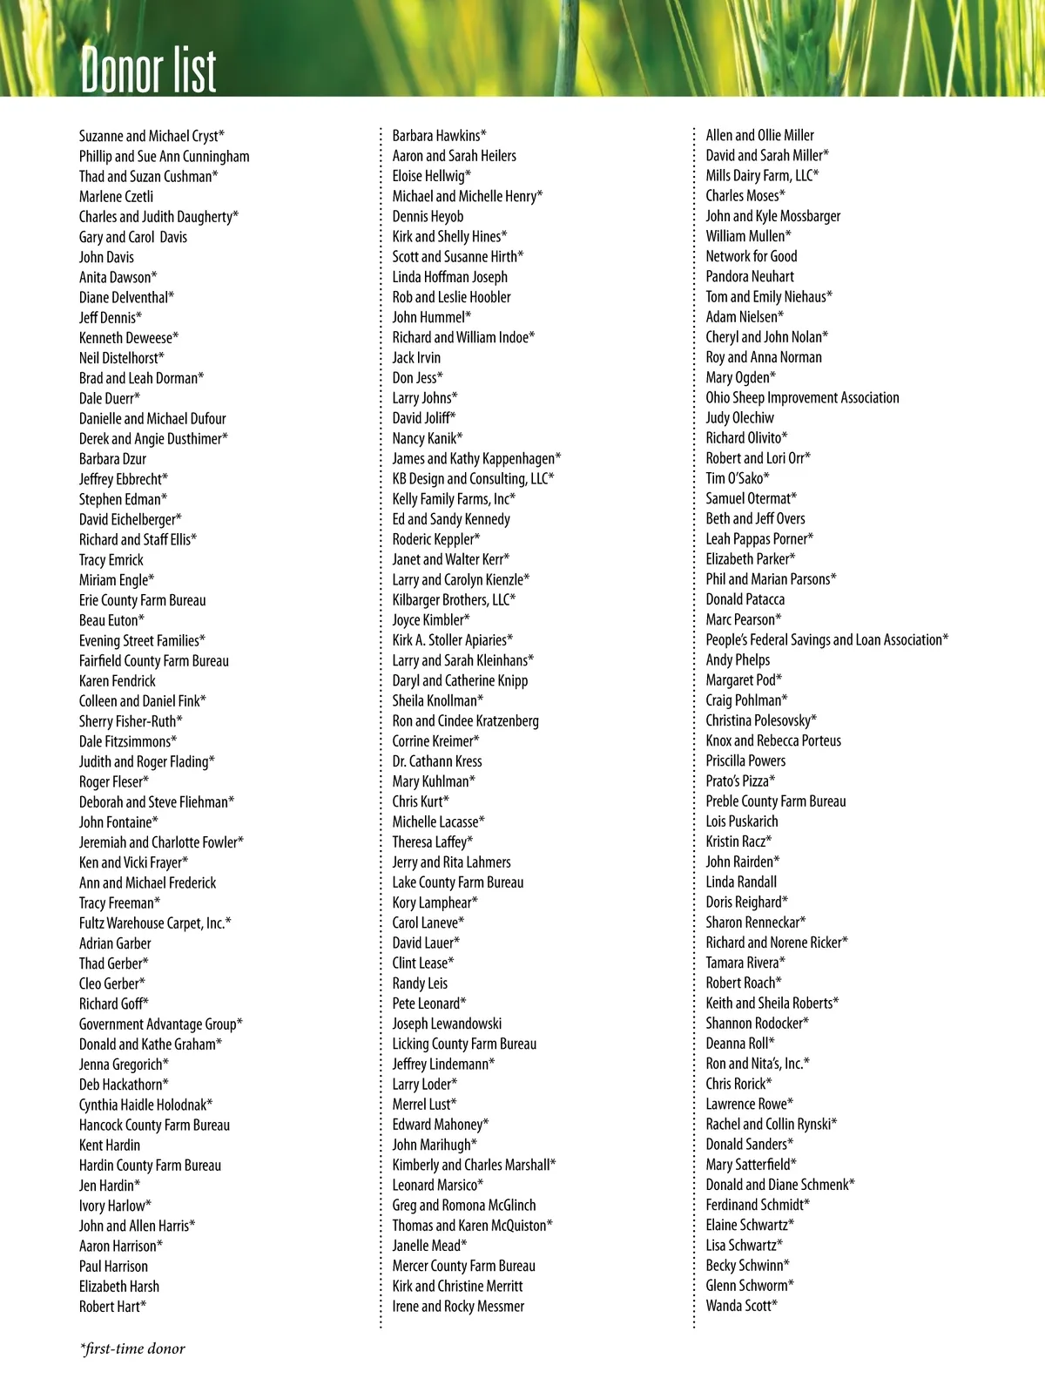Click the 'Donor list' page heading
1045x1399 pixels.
(148, 69)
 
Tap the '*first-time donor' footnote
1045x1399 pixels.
(132, 1348)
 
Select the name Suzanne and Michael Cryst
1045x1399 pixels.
(152, 136)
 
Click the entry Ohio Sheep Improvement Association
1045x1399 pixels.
(802, 397)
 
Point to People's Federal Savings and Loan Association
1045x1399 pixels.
(826, 639)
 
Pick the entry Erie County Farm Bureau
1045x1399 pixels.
(143, 600)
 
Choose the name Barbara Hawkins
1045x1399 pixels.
(439, 135)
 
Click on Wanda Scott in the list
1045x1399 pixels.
(741, 1305)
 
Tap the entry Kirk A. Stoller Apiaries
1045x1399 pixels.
(452, 640)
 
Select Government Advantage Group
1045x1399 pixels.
(160, 1024)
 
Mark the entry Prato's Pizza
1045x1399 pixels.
(740, 781)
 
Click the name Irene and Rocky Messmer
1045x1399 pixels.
(458, 1306)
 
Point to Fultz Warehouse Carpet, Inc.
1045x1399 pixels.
(155, 923)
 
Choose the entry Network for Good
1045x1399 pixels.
(752, 256)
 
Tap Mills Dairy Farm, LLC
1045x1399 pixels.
(762, 175)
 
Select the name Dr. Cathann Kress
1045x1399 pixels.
(437, 761)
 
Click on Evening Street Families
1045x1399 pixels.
(142, 640)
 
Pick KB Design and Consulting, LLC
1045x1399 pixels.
(473, 478)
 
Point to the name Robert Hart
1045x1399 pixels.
(112, 1306)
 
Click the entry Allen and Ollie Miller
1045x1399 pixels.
(760, 135)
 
